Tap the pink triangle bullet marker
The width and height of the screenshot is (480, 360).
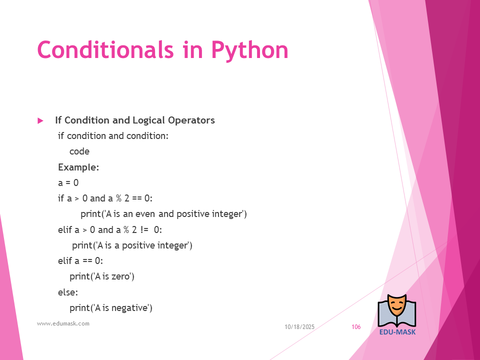coord(40,120)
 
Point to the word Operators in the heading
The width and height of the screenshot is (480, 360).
coord(191,120)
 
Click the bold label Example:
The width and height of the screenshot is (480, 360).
coord(78,167)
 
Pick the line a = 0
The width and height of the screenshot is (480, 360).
coord(68,183)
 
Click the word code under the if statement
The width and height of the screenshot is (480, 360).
coord(79,151)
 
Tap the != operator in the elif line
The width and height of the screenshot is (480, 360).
coord(144,229)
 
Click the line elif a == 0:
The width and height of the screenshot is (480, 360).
coord(80,261)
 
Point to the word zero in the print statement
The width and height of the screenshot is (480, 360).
coord(121,276)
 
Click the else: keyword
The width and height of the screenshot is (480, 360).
coord(68,292)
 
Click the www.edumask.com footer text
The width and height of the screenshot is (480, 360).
coord(63,323)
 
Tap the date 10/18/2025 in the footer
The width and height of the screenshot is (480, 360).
coord(299,327)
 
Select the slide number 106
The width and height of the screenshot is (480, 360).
coord(356,327)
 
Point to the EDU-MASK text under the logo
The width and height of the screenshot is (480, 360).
coord(397,332)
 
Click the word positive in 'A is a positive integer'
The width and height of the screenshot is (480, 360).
coord(138,245)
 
